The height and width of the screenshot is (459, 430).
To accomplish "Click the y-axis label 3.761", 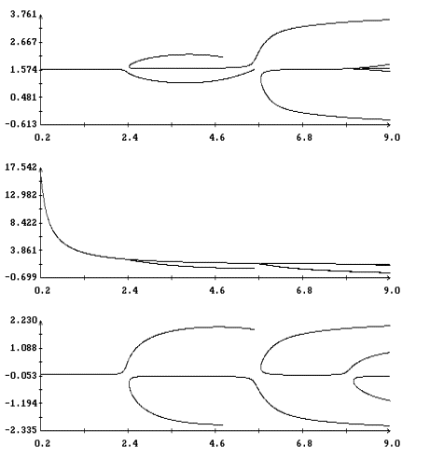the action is pos(23,14).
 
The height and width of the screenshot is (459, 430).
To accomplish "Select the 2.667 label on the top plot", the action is pos(23,42).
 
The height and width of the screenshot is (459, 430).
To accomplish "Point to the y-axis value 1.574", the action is pos(23,70).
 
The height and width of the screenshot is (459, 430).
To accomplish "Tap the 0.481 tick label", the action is pos(23,97).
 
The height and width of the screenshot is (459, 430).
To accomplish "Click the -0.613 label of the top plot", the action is pos(21,124).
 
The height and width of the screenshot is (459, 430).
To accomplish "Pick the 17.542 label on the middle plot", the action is pos(21,167).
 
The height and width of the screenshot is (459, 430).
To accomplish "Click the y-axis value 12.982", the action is pos(21,195).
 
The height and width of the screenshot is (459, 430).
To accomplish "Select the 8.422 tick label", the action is pos(23,223).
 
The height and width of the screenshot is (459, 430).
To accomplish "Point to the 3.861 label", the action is pos(23,250).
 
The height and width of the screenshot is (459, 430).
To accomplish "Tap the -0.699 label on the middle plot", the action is pos(21,277).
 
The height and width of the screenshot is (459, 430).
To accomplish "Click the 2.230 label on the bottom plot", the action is pos(23,320).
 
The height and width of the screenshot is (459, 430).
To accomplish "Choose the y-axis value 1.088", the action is pos(23,348).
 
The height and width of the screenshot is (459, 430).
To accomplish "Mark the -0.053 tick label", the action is pos(21,376).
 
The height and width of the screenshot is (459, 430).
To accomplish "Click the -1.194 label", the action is pos(21,403).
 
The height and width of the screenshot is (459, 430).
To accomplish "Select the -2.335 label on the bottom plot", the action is pos(21,430).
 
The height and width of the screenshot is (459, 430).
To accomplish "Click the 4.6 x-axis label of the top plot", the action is pos(216,137).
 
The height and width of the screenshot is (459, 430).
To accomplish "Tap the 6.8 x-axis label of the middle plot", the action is pos(304,290).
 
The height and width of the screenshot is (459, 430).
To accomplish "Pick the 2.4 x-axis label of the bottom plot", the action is pos(130,443).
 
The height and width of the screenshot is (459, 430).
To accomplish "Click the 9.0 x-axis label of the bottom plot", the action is pos(392,443).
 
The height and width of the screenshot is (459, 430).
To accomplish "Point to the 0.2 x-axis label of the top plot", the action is pos(42,137).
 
